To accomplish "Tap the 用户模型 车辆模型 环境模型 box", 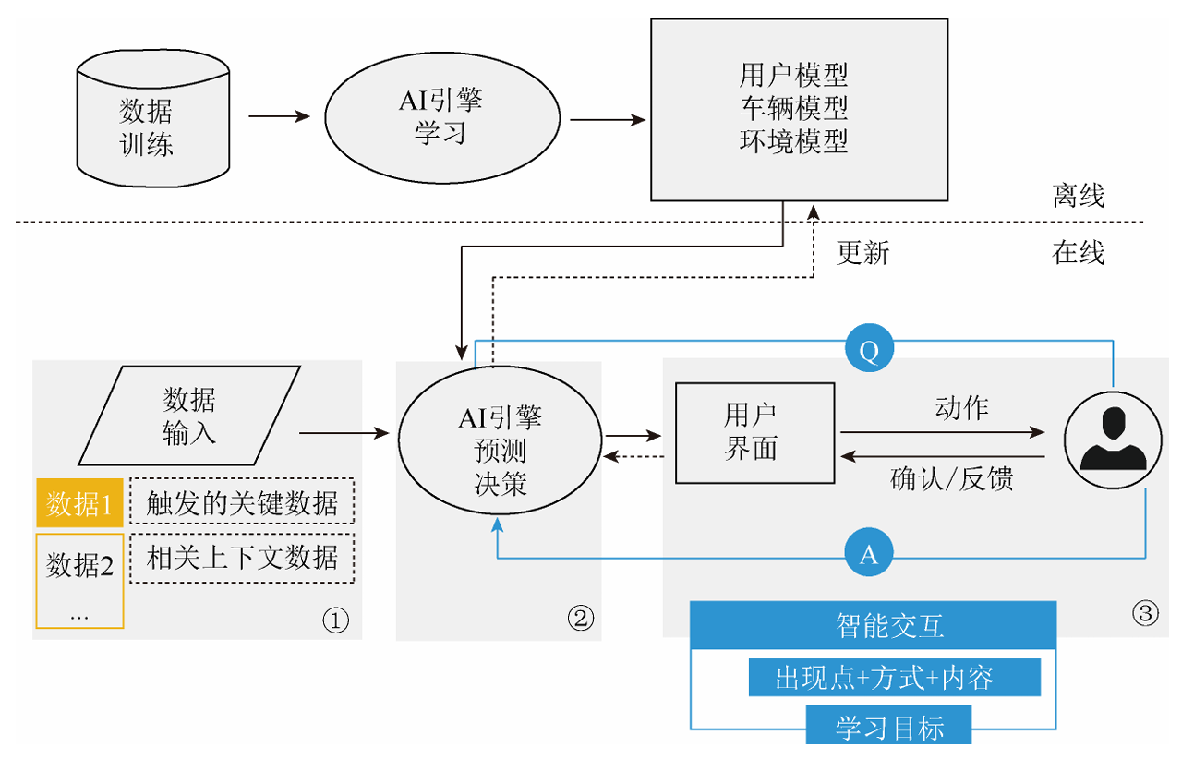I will [x=799, y=109].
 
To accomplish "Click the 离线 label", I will [x=1078, y=196].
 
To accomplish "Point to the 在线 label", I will [x=1078, y=253].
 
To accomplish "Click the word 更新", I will [x=862, y=253].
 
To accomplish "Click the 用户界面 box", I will [x=751, y=432].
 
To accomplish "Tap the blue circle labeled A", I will [x=868, y=555].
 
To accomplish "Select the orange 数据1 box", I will [x=79, y=504].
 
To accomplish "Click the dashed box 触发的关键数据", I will [x=242, y=503].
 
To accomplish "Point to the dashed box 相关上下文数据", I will [x=242, y=558].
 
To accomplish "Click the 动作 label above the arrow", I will [x=961, y=407].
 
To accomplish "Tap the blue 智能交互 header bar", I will [x=873, y=627].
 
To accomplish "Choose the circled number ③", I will [x=1144, y=614].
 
